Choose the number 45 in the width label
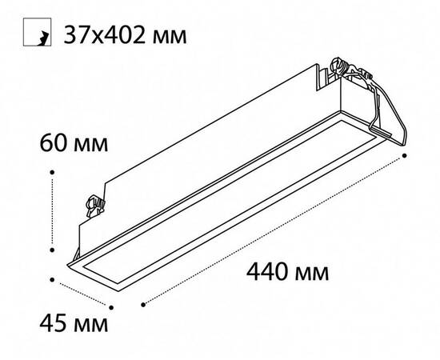click(x=51, y=326)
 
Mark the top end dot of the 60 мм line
click(x=52, y=170)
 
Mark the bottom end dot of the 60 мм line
click(x=52, y=248)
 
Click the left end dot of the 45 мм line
click(x=52, y=279)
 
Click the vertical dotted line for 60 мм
click(x=52, y=210)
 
